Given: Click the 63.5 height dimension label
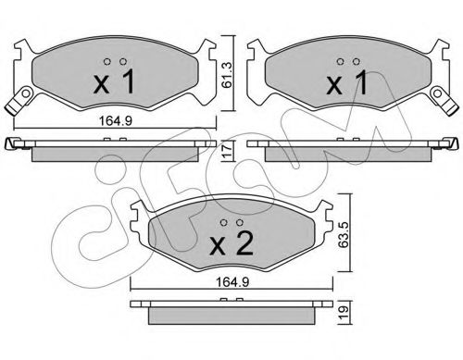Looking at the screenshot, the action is [344, 233].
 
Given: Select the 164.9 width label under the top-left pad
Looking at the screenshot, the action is [116, 121].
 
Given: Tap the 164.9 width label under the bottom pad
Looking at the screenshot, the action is [232, 282].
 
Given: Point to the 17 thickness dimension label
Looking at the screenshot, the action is [228, 151].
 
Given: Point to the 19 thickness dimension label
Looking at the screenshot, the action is [344, 313].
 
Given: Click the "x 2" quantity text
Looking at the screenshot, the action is [231, 243].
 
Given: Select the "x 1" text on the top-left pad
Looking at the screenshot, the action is [114, 81].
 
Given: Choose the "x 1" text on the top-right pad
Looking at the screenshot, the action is [347, 81].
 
